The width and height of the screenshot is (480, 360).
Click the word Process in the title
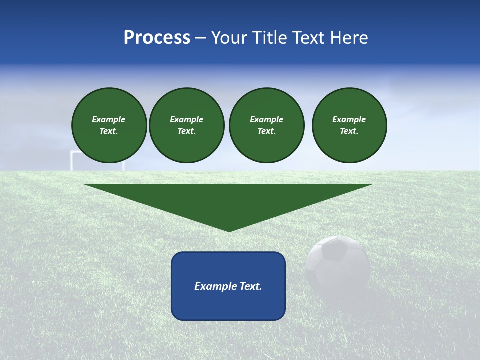point(157,38)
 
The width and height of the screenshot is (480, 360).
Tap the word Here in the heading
point(349,38)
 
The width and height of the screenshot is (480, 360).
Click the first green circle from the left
point(109,125)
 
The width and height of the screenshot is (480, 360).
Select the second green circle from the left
point(186,125)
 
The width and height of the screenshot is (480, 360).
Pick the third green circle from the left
point(266,125)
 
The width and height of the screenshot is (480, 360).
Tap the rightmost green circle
point(349,125)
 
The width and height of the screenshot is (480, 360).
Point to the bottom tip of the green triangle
point(229,230)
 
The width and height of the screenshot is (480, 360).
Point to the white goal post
point(72,160)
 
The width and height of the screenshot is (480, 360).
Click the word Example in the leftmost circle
point(109,119)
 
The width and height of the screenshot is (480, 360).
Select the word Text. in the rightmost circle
point(349,131)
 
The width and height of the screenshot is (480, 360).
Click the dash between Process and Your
point(200,38)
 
